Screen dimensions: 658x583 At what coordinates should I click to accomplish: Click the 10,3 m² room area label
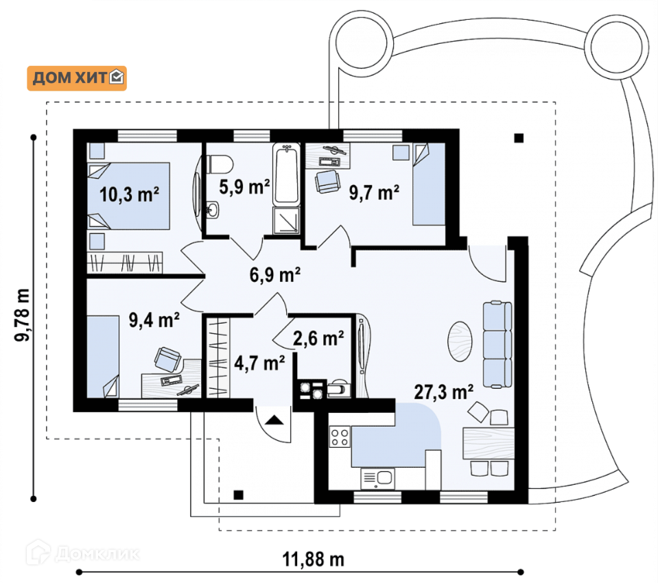129,195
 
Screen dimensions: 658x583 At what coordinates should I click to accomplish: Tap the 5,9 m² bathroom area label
244,187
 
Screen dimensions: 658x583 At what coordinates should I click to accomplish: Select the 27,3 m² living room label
444,392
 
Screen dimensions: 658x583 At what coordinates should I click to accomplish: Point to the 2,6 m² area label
318,338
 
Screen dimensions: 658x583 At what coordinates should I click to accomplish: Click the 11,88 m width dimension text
313,559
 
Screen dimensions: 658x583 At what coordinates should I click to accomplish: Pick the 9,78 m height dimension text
22,315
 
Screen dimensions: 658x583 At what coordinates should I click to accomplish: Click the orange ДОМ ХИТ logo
77,78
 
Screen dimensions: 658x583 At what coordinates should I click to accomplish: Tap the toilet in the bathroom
220,164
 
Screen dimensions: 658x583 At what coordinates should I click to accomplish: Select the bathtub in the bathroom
287,174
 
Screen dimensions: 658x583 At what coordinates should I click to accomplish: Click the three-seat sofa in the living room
497,344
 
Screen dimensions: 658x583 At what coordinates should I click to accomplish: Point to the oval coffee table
460,341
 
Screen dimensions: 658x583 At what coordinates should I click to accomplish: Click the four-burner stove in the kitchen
340,437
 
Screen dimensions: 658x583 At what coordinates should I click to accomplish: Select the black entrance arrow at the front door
274,420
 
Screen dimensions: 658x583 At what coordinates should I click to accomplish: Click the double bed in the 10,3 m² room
129,196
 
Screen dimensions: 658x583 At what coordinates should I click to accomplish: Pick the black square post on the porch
238,495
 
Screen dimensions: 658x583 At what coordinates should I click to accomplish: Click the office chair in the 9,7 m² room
327,181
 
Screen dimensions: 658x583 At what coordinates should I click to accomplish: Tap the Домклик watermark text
97,554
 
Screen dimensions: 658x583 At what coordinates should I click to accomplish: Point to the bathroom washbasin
213,210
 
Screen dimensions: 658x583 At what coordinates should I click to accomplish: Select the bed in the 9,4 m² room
103,357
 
